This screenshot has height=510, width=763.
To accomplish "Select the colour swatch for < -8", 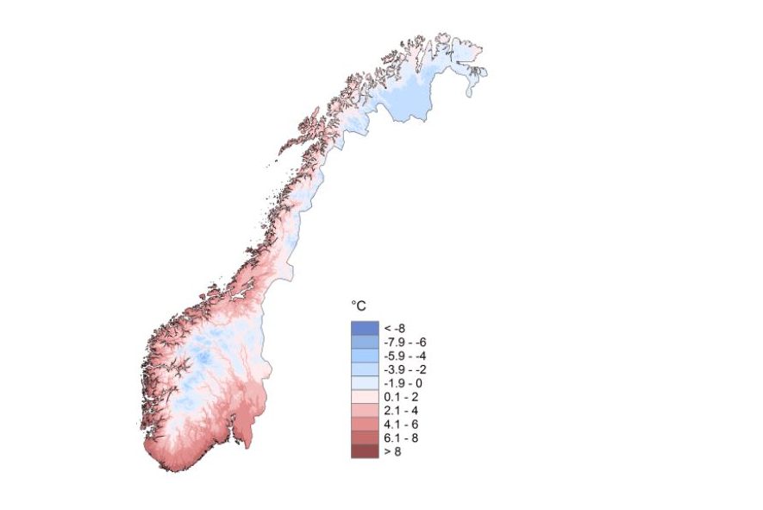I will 365,328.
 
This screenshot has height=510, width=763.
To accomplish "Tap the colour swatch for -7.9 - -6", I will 365,342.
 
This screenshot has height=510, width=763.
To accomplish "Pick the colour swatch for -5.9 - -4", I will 365,356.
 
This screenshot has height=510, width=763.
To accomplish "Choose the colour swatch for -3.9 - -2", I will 365,369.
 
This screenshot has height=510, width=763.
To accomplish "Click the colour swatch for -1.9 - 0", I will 365,383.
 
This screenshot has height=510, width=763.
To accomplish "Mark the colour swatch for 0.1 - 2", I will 365,397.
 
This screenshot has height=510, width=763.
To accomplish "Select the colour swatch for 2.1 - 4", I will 365,411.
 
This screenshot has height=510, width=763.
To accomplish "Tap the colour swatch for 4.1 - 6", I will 365,425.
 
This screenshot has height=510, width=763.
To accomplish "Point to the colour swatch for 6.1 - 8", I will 365,438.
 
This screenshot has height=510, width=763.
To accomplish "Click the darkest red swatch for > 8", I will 365,451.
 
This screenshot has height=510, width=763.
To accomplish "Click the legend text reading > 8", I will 392,451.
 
